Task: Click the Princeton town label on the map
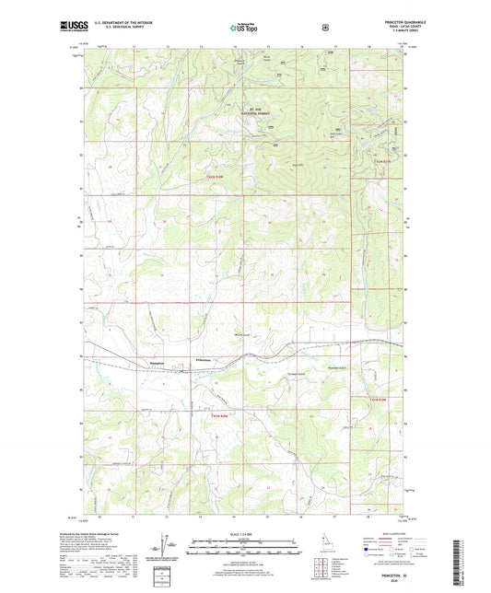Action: [205, 359]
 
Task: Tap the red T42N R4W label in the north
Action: [215, 176]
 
